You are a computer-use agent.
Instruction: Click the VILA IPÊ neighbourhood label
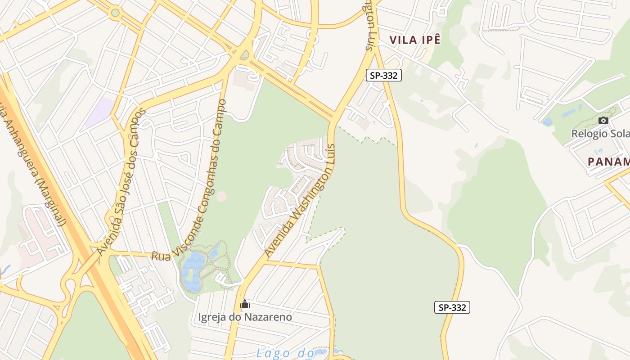click(414, 40)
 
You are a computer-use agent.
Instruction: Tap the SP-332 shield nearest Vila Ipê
click(383, 75)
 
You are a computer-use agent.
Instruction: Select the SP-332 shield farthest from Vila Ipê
click(452, 307)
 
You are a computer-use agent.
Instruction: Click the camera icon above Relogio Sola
click(603, 120)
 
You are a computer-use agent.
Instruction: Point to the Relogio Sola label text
click(600, 134)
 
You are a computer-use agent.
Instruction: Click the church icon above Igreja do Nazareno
click(245, 304)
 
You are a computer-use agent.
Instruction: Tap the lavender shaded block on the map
click(99, 112)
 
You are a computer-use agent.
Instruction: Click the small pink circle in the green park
click(221, 196)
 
